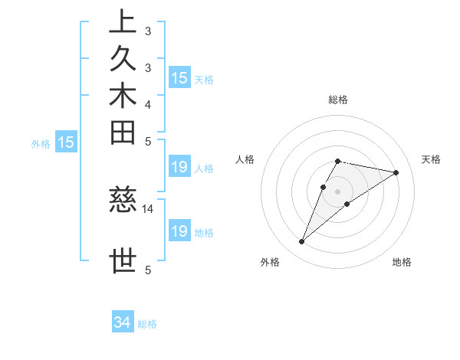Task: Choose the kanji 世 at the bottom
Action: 123,260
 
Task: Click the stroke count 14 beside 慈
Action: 149,208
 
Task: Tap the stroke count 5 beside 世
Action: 148,270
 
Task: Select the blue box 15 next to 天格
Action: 179,77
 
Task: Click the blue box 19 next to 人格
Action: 179,167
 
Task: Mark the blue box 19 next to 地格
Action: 179,231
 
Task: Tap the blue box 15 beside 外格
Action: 67,142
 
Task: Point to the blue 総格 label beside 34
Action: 148,324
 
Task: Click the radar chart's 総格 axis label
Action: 338,100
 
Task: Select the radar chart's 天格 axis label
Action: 431,159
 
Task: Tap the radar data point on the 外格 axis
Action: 302,242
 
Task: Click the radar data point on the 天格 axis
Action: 396,172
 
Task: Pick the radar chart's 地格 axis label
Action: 402,263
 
